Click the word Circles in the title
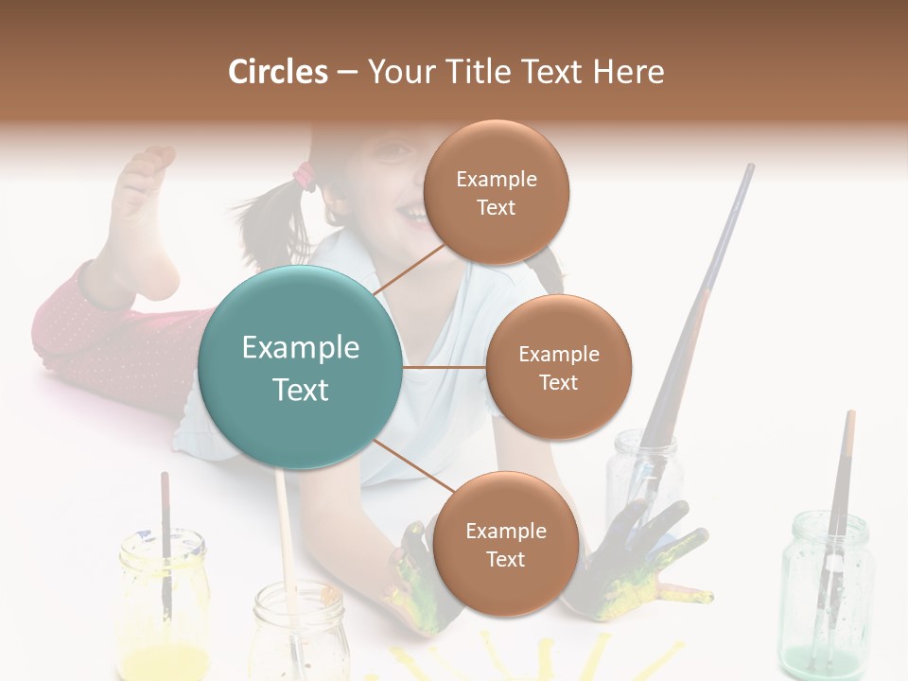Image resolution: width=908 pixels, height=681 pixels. pyautogui.click(x=278, y=72)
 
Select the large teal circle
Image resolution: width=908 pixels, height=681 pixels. pyautogui.click(x=300, y=367)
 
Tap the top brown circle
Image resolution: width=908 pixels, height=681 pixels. pyautogui.click(x=496, y=192)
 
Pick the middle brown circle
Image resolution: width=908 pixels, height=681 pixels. pyautogui.click(x=558, y=367)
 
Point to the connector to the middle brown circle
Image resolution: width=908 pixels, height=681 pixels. pyautogui.click(x=444, y=367)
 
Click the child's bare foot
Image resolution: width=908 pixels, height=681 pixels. pyautogui.click(x=142, y=227)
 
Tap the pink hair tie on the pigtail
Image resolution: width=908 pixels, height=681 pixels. pyautogui.click(x=305, y=175)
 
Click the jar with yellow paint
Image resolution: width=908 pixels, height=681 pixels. pyautogui.click(x=164, y=605)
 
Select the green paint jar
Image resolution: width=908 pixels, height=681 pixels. pyautogui.click(x=826, y=596)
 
